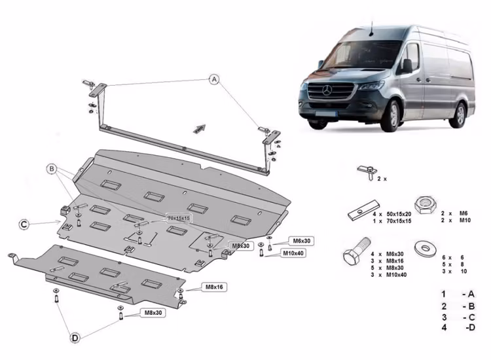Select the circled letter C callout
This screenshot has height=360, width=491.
(24, 224)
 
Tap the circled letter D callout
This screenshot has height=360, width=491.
(75, 338)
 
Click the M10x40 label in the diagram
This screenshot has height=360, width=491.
(292, 252)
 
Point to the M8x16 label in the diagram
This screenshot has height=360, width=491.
(215, 287)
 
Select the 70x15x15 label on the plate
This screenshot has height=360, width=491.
(177, 217)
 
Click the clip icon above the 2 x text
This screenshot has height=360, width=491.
(365, 171)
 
